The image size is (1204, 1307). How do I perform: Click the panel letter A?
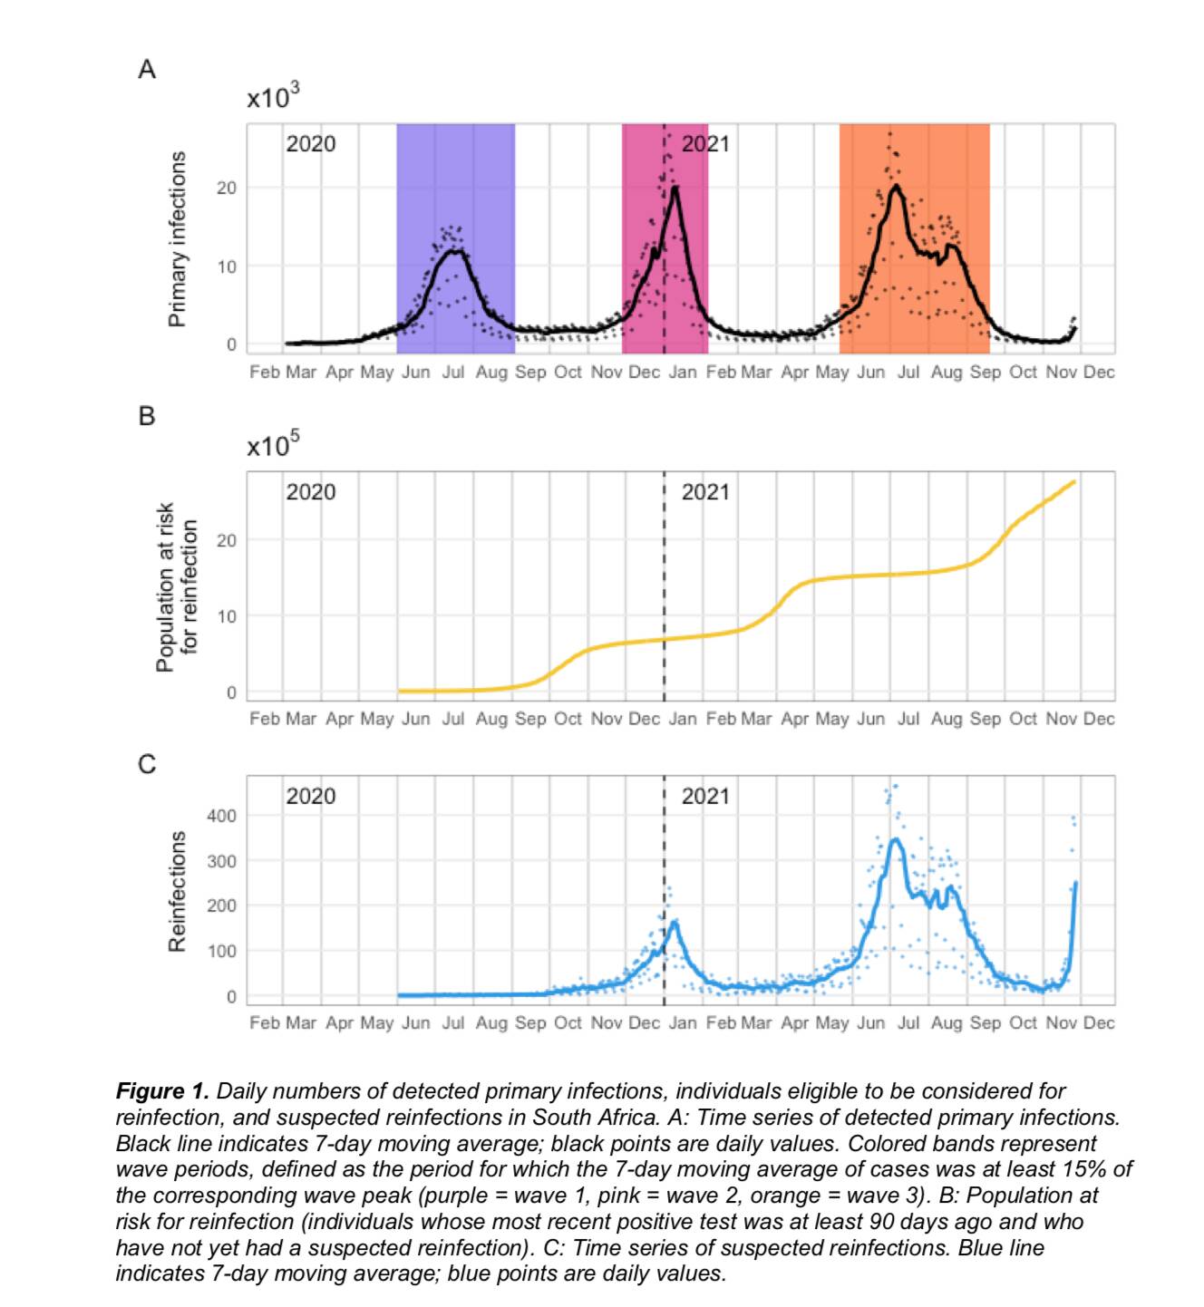[147, 70]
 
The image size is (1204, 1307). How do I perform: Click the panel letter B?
[147, 417]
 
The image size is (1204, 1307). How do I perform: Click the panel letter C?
[147, 765]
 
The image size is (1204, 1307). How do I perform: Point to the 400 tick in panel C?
[221, 816]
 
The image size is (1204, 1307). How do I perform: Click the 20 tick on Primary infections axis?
[226, 189]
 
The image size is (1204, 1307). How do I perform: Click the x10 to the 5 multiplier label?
[273, 445]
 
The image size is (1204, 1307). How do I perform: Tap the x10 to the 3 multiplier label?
[273, 97]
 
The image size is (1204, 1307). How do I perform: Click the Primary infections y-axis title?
[178, 238]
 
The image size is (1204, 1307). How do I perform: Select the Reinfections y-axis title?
[178, 891]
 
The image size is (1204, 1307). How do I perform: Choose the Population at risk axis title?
[177, 586]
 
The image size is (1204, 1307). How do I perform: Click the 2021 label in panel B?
[704, 492]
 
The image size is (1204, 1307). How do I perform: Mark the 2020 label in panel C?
[311, 797]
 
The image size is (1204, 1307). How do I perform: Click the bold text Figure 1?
[162, 1091]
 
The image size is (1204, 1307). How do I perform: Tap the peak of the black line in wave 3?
[896, 187]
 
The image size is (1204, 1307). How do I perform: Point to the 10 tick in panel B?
[226, 616]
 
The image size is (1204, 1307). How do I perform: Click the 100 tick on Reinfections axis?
[221, 951]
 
